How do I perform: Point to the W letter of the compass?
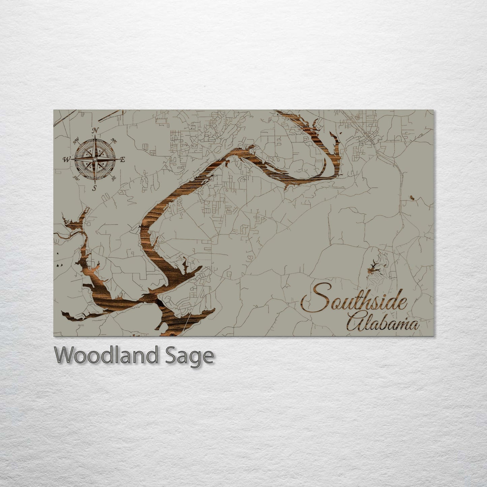pos(66,159)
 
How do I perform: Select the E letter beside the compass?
pos(123,159)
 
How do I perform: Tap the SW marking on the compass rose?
pos(77,178)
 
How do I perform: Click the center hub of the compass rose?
pos(95,159)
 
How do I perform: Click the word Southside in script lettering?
pos(354,301)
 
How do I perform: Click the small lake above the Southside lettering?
pos(374,269)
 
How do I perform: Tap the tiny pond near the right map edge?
pos(412,198)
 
